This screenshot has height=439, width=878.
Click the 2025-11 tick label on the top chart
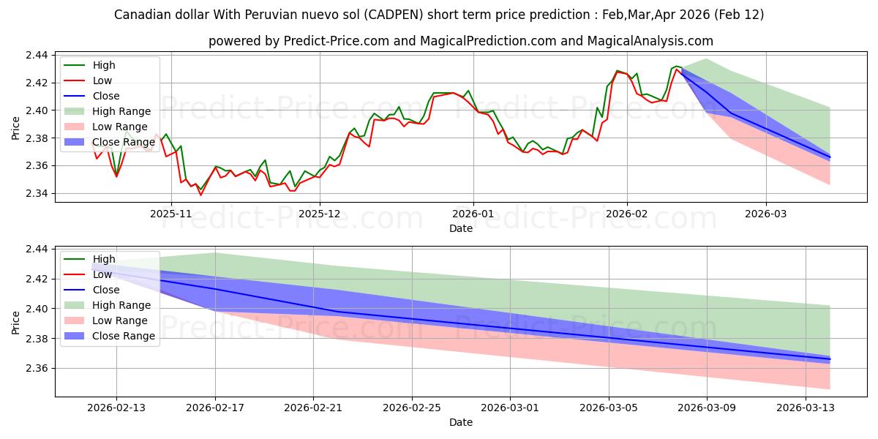(x=170, y=214)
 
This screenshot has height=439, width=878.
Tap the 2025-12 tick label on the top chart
(x=320, y=214)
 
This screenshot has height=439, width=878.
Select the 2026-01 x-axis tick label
(x=473, y=214)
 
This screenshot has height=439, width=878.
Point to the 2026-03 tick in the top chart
(x=766, y=214)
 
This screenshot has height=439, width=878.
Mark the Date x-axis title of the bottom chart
(x=461, y=422)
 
